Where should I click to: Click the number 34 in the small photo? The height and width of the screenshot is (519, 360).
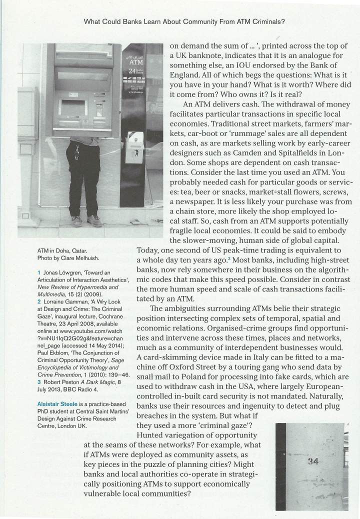(x=313, y=461)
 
